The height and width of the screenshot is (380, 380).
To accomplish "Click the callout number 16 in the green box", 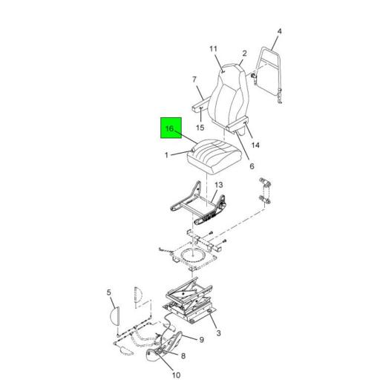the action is pyautogui.click(x=169, y=128).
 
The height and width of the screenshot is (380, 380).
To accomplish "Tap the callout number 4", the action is pyautogui.click(x=279, y=31).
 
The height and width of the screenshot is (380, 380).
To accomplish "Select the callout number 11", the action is pyautogui.click(x=213, y=49).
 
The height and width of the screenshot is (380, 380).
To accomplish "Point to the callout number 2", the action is pyautogui.click(x=244, y=53).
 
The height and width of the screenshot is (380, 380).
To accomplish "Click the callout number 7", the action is pyautogui.click(x=194, y=79).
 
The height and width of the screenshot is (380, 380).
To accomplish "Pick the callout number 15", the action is pyautogui.click(x=200, y=128).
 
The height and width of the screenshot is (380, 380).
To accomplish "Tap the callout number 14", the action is pyautogui.click(x=255, y=145).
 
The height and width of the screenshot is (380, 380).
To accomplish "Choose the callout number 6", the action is pyautogui.click(x=252, y=166).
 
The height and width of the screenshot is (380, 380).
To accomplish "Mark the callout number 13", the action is pyautogui.click(x=219, y=185).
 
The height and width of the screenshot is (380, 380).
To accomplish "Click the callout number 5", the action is pyautogui.click(x=109, y=292).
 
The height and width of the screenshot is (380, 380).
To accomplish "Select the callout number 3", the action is pyautogui.click(x=218, y=332).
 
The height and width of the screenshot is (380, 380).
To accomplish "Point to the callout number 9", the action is pyautogui.click(x=202, y=340).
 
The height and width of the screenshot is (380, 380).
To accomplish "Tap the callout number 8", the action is pyautogui.click(x=183, y=356).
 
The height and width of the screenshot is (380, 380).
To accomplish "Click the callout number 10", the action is pyautogui.click(x=176, y=375).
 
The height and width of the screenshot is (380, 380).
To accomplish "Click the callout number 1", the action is pyautogui.click(x=166, y=155).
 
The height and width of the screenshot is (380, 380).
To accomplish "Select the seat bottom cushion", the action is pyautogui.click(x=213, y=157).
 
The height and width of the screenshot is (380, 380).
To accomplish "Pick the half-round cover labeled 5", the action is pyautogui.click(x=115, y=316).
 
